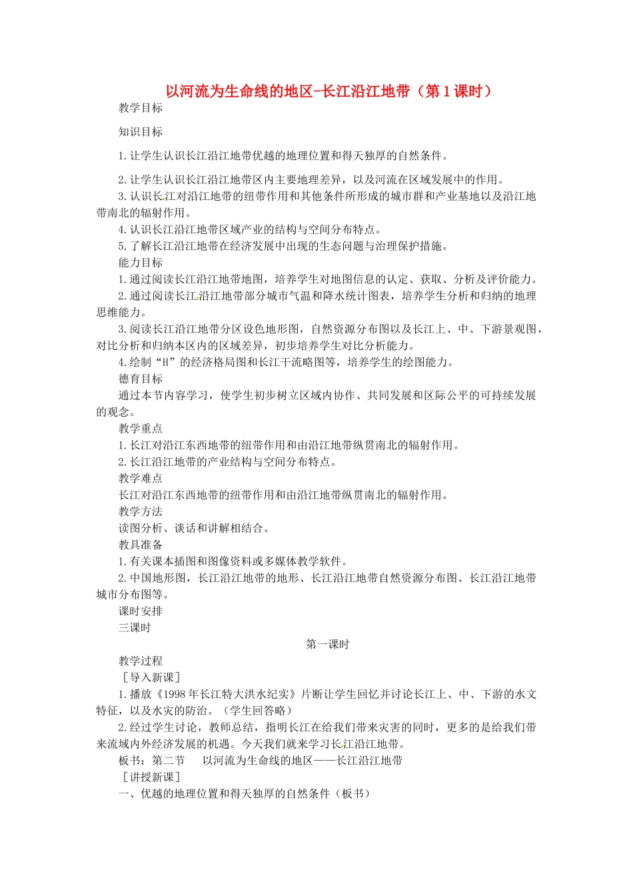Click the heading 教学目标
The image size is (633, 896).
(141, 108)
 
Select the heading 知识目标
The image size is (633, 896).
(141, 132)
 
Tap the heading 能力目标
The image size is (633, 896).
(141, 263)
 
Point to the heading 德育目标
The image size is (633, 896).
(141, 379)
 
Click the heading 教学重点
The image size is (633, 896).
(141, 429)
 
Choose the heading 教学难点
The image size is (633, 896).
(141, 478)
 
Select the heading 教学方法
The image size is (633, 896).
(141, 511)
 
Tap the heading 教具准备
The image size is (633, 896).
(141, 545)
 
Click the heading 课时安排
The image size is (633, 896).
(141, 611)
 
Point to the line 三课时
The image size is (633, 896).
(135, 628)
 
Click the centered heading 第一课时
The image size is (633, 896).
(327, 645)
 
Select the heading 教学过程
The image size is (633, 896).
(141, 661)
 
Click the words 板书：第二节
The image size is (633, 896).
(152, 761)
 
